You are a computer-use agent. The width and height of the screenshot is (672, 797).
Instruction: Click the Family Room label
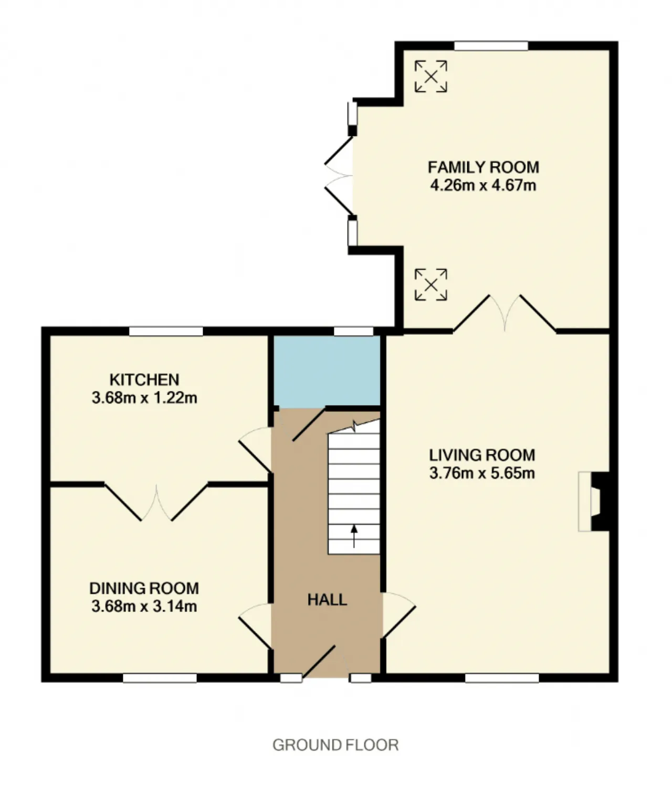point(484,167)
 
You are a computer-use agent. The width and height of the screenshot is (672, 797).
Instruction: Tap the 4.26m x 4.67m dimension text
point(484,186)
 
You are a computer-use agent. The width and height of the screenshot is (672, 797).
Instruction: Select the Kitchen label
point(144,380)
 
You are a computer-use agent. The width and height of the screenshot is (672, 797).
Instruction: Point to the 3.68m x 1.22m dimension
point(144,398)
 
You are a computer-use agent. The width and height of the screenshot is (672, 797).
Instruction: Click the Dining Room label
point(144,588)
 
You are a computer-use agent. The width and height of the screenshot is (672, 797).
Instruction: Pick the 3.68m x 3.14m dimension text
point(144,606)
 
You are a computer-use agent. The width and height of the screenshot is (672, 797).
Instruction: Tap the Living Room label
point(482,455)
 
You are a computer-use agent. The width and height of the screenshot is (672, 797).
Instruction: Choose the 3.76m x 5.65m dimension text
point(482,473)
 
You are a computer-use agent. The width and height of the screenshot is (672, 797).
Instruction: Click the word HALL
point(328,600)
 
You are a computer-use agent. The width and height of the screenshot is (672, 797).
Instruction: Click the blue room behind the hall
point(327,370)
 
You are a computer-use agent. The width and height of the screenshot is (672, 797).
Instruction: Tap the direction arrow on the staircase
point(354,536)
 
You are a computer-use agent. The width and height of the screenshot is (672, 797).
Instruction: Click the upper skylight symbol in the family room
point(431,76)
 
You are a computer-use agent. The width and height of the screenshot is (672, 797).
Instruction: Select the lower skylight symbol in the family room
point(431,285)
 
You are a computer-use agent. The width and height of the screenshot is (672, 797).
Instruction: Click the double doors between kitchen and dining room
point(156,502)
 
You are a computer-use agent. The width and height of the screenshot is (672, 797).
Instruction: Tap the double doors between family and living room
point(505,313)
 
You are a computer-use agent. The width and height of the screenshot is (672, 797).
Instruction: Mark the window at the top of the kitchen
point(166,331)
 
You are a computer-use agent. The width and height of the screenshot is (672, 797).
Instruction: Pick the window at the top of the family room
point(491,46)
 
